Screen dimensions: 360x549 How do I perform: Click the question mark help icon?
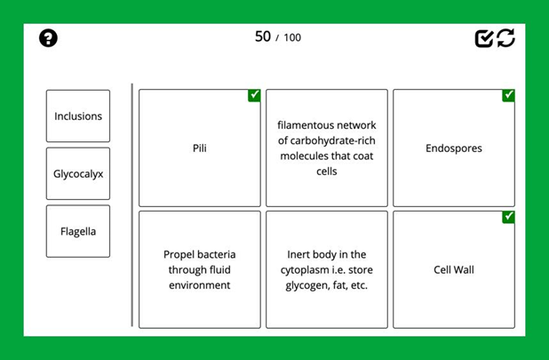pos(49,37)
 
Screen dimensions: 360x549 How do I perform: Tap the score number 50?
pos(262,36)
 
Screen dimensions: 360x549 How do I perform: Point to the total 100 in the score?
pos(292,37)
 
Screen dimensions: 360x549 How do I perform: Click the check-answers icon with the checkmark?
pos(484,37)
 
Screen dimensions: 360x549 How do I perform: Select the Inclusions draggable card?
pos(78,116)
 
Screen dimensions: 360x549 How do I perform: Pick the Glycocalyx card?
pos(78,174)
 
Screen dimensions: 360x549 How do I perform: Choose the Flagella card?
pos(78,232)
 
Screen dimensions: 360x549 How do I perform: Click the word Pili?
pos(200,148)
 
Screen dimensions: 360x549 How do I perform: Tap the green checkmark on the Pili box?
pos(254,96)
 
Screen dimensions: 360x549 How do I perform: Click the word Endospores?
pos(454,148)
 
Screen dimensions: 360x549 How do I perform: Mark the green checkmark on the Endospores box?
pos(508,96)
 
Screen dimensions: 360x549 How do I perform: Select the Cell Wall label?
pos(454,269)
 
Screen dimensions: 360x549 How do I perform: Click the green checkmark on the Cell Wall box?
pos(508,217)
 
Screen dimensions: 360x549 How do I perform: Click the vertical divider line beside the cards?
pos(132,204)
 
